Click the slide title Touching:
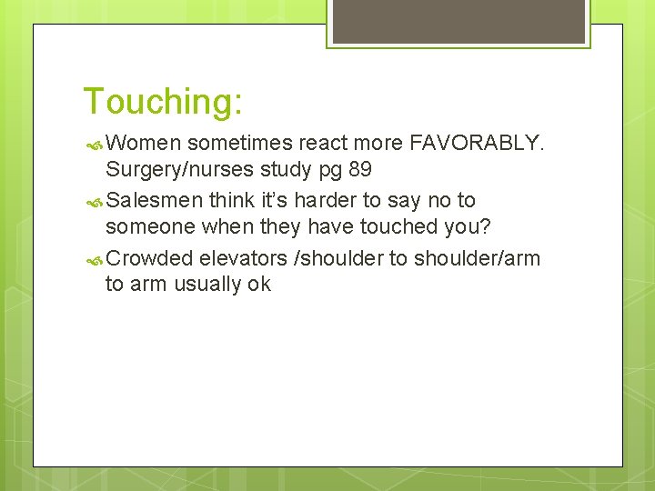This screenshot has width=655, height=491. click(162, 101)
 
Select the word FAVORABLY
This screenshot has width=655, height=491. click(476, 142)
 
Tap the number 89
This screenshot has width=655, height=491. click(359, 170)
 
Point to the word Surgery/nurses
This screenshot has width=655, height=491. click(182, 170)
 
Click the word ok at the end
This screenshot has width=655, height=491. click(259, 285)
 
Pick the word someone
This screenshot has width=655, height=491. click(146, 228)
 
